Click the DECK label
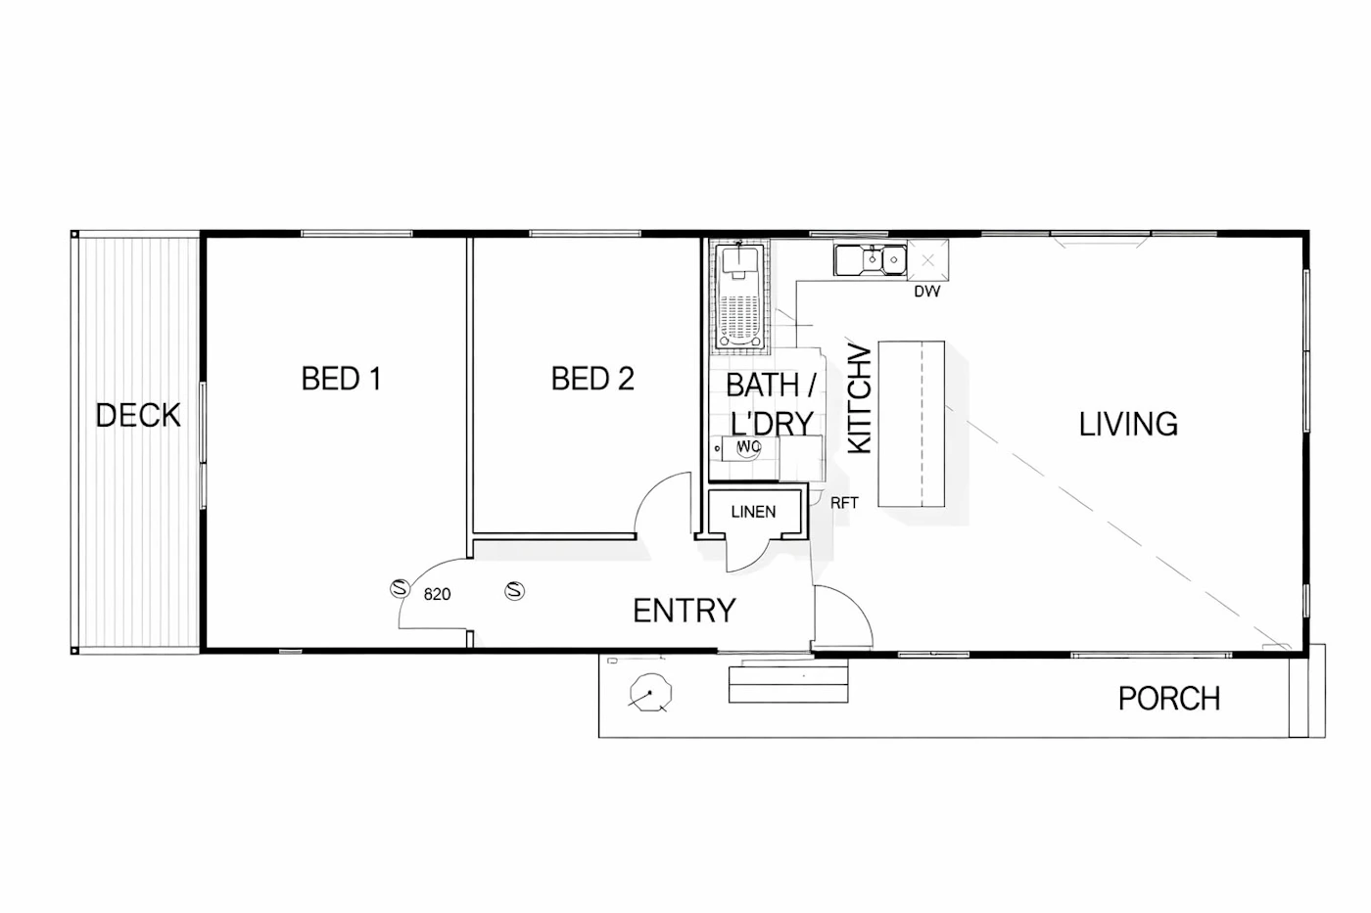coord(138,415)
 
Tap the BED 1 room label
coord(342,379)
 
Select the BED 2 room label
coord(592,379)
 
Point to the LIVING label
coord(1128,424)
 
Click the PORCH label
coord(1169,699)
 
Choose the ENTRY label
coord(685,611)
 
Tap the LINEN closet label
coord(753,511)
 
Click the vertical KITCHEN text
coord(860,398)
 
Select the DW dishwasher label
coord(926,292)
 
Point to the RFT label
coord(844,503)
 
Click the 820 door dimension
coord(437,594)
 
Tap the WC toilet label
coord(748,447)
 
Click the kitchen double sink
coord(870,260)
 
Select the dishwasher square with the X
coord(928,260)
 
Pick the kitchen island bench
coord(912,424)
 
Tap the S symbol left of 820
coord(401,588)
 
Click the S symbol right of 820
coord(515,591)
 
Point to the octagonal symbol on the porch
coord(650,693)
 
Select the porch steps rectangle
coord(788,684)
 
